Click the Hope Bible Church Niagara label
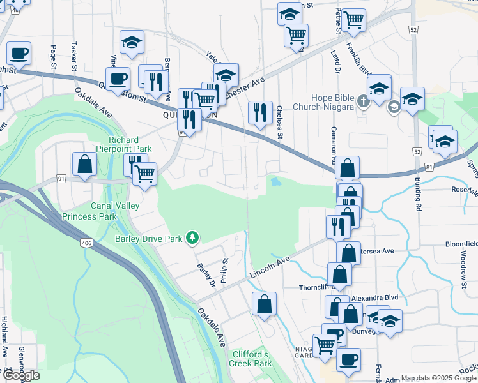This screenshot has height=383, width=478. [324, 102]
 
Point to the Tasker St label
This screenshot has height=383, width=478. [75, 56]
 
